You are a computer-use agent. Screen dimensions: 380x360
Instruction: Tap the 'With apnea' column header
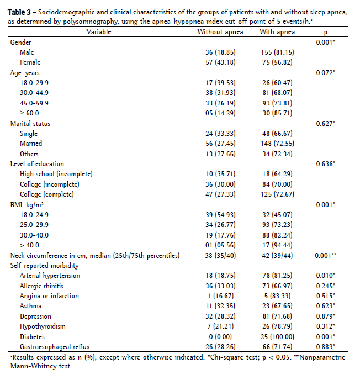coord(277,32)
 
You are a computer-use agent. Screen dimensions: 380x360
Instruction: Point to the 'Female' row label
coord(30,62)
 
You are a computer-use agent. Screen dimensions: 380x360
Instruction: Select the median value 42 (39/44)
coord(277,255)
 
